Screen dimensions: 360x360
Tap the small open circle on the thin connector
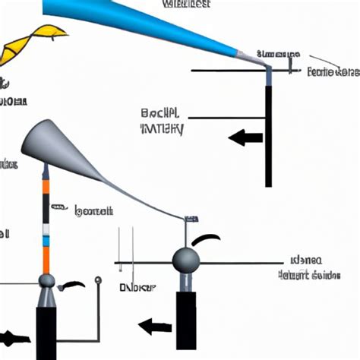(97, 281)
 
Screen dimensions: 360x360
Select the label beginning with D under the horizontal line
(137, 288)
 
